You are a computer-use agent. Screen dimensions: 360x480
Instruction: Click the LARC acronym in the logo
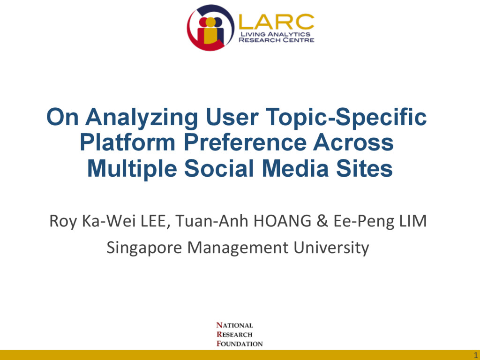pyautogui.click(x=277, y=21)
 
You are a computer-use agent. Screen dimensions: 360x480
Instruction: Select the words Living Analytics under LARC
pyautogui.click(x=275, y=34)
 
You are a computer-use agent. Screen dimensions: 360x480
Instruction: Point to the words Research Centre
pyautogui.click(x=277, y=40)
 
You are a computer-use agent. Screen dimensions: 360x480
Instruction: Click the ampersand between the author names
pyautogui.click(x=321, y=221)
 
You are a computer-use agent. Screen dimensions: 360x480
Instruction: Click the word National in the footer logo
pyautogui.click(x=234, y=325)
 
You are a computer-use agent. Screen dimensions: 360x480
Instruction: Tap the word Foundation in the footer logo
pyautogui.click(x=240, y=344)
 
